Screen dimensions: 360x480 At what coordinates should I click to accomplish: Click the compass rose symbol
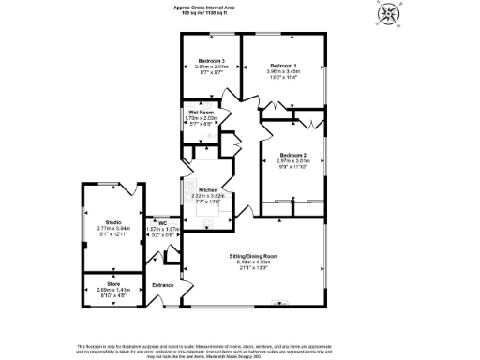coord(387,16)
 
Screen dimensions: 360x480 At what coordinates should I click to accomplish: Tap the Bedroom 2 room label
coord(293,155)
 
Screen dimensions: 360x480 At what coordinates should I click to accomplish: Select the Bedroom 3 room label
coord(211,61)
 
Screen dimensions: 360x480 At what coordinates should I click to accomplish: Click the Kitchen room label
coord(207,189)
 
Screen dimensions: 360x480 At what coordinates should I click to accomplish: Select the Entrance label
coord(163,285)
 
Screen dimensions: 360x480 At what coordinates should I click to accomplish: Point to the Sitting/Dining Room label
coord(254,255)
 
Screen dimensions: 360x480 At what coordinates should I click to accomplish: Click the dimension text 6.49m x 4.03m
coord(254,262)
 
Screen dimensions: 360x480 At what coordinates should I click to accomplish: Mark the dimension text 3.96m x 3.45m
coord(282,72)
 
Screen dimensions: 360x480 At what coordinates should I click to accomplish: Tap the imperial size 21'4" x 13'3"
coord(254,268)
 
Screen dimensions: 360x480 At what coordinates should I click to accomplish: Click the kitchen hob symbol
coord(207,223)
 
